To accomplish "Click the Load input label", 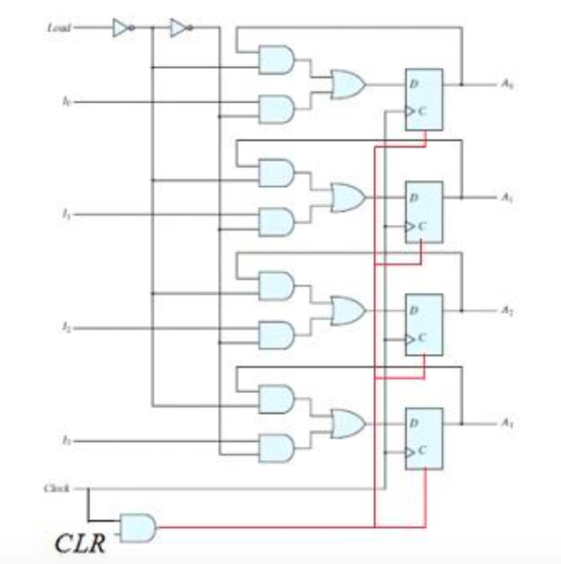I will [58, 27].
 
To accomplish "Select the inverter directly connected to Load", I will [121, 28].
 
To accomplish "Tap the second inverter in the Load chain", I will [178, 28].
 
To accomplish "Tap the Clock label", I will [58, 488].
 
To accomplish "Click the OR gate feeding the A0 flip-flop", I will [347, 85].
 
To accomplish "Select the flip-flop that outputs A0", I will [423, 99].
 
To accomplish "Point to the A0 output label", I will [507, 83].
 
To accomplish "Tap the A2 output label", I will [507, 309].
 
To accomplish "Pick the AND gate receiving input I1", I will [276, 222].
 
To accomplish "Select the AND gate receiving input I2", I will [276, 334].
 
